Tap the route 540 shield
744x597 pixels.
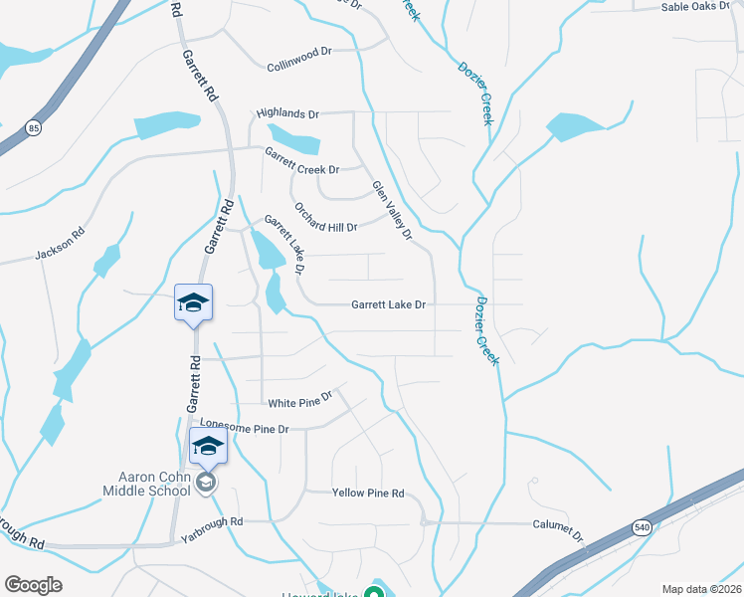point(643,527)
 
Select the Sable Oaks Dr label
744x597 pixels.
point(701,7)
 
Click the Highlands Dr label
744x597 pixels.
point(287,114)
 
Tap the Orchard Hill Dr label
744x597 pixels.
point(325,219)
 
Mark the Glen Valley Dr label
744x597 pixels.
point(392,210)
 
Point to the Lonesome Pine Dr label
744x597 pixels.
point(244,428)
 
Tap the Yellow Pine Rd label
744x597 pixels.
point(368,493)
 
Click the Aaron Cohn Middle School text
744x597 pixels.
point(146,484)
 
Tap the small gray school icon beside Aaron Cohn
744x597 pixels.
point(206,484)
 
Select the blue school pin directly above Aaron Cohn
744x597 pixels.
point(207,445)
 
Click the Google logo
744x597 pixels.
point(33,585)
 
